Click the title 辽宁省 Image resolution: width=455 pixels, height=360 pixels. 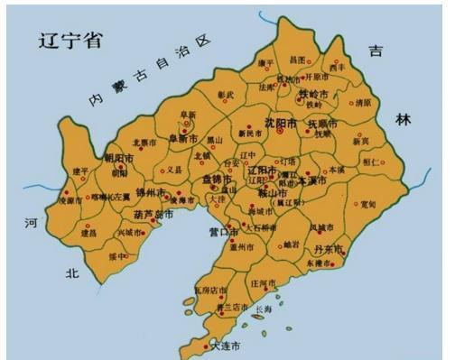pos(69,40)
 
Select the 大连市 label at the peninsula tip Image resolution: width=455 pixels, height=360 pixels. pos(225,346)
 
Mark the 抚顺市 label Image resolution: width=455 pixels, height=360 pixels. pos(322,123)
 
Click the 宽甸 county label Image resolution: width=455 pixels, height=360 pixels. pos(367,205)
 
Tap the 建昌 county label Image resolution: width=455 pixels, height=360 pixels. pos(88,232)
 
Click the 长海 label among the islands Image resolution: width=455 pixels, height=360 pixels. pos(263,309)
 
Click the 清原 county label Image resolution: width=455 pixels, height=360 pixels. pos(363,103)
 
